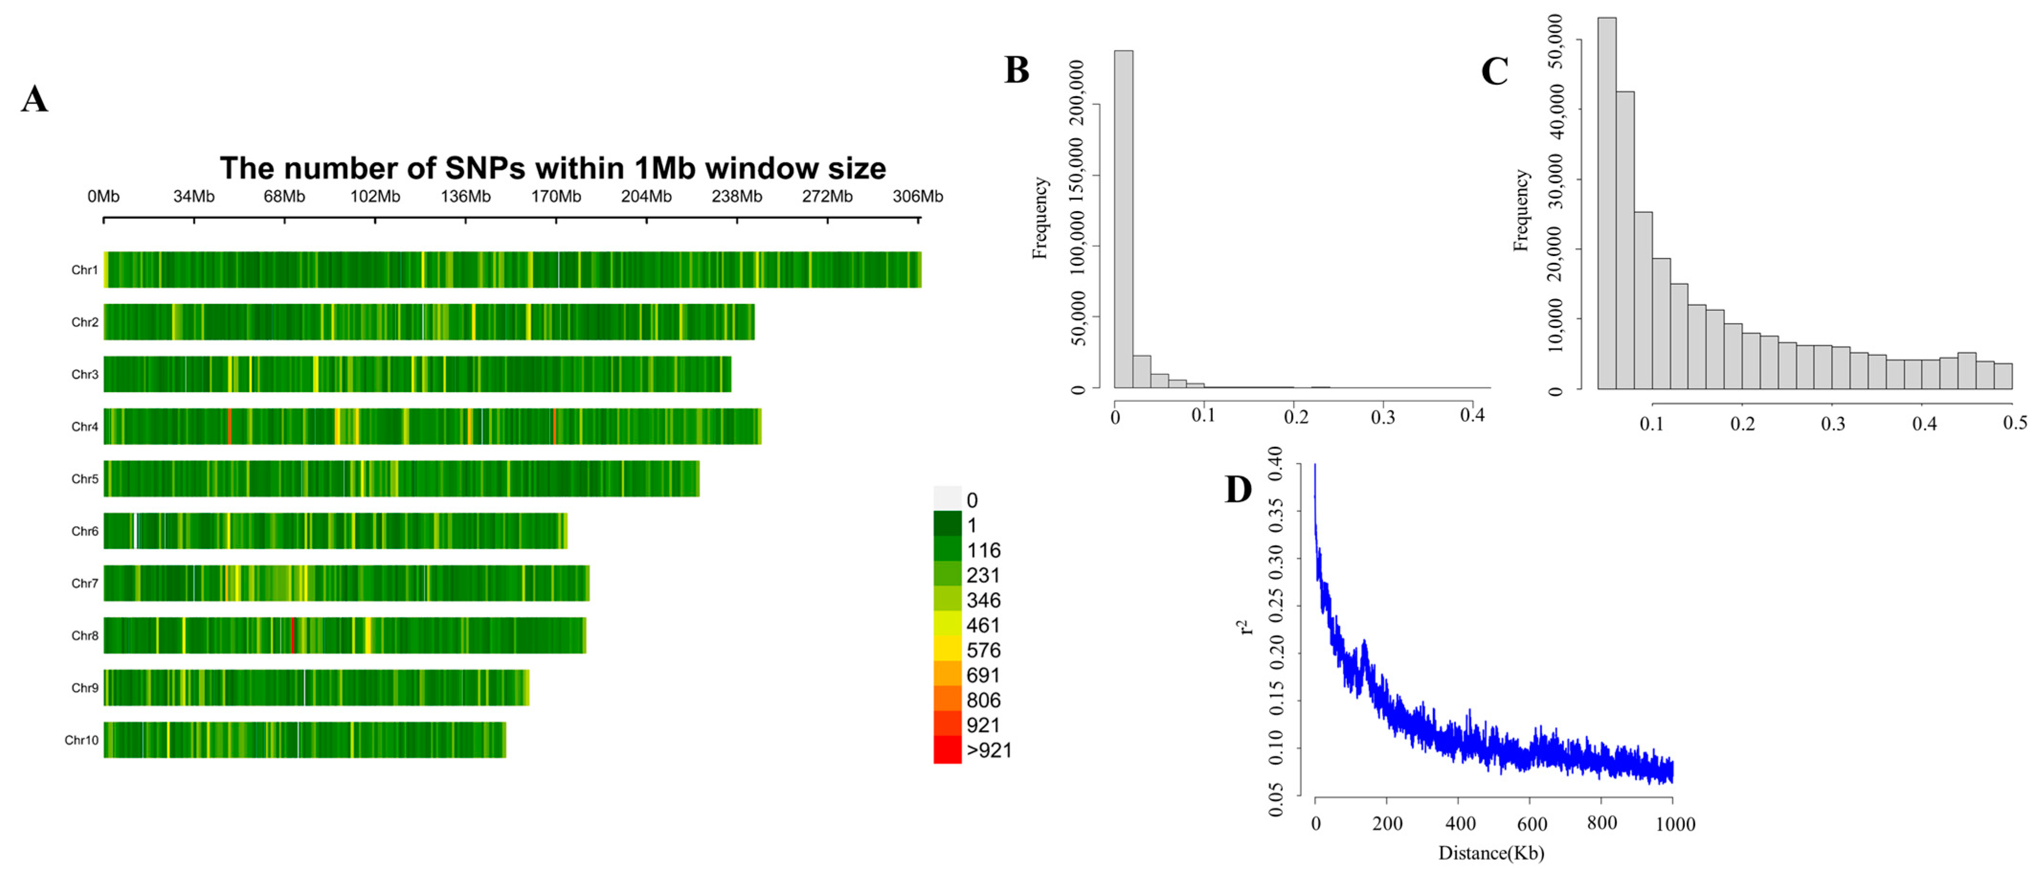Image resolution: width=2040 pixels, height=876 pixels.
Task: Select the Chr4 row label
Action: [x=85, y=427]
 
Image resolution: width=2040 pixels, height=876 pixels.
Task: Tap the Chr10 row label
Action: [x=81, y=741]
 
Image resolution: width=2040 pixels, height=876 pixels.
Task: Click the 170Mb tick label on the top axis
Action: [x=555, y=196]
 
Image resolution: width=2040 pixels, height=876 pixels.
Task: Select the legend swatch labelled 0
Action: [x=947, y=499]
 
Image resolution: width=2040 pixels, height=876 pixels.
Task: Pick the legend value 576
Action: [x=984, y=650]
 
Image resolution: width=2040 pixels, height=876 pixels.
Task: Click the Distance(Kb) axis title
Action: [x=1491, y=853]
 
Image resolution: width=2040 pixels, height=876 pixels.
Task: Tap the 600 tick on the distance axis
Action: [x=1532, y=824]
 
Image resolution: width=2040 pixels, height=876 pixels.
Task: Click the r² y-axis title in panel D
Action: [x=1246, y=627]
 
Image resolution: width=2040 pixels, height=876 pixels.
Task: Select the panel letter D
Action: [x=1238, y=490]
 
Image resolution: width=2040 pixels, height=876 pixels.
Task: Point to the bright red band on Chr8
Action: [x=292, y=635]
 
